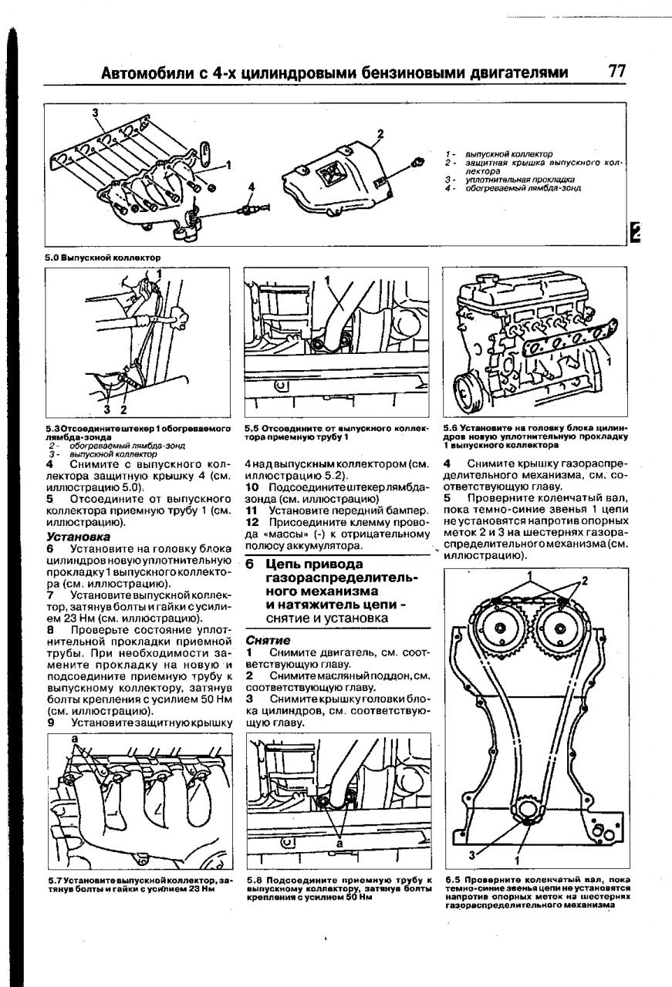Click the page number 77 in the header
point(616,72)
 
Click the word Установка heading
point(78,536)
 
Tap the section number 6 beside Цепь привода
point(250,564)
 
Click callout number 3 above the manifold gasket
point(96,113)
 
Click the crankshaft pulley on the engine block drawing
point(468,385)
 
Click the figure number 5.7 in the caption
point(55,880)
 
